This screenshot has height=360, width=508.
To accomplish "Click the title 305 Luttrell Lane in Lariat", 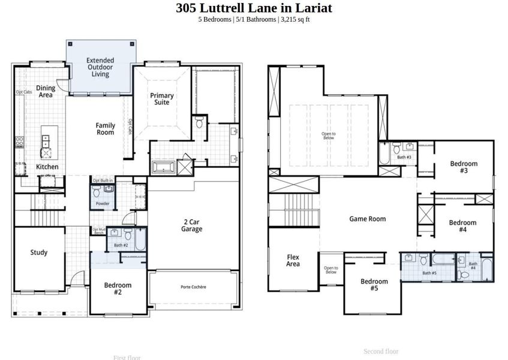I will [254, 8].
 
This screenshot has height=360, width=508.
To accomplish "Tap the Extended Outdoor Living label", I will [100, 67].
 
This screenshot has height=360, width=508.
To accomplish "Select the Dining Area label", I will [46, 91].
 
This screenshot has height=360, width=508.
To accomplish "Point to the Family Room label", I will [106, 129].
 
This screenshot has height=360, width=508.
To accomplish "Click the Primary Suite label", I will [162, 99].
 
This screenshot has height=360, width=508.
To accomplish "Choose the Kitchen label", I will [47, 167].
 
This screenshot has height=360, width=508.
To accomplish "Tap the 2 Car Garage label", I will [192, 225].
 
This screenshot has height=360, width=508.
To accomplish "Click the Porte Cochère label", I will [193, 287].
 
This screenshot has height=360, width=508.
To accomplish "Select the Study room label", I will [39, 253].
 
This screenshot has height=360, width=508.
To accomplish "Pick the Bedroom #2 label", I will [118, 289].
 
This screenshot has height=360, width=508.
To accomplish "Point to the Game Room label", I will [367, 219].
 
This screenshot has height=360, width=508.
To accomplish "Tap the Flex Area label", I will [293, 260].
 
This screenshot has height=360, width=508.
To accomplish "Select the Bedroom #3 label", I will [464, 167].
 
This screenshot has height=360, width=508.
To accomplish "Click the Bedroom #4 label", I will [462, 226].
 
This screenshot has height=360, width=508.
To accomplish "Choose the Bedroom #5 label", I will [374, 285].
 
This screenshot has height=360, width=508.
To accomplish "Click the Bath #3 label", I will [404, 157].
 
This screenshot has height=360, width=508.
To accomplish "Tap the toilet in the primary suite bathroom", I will [200, 123].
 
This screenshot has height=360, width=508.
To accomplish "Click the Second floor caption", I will [381, 351].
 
